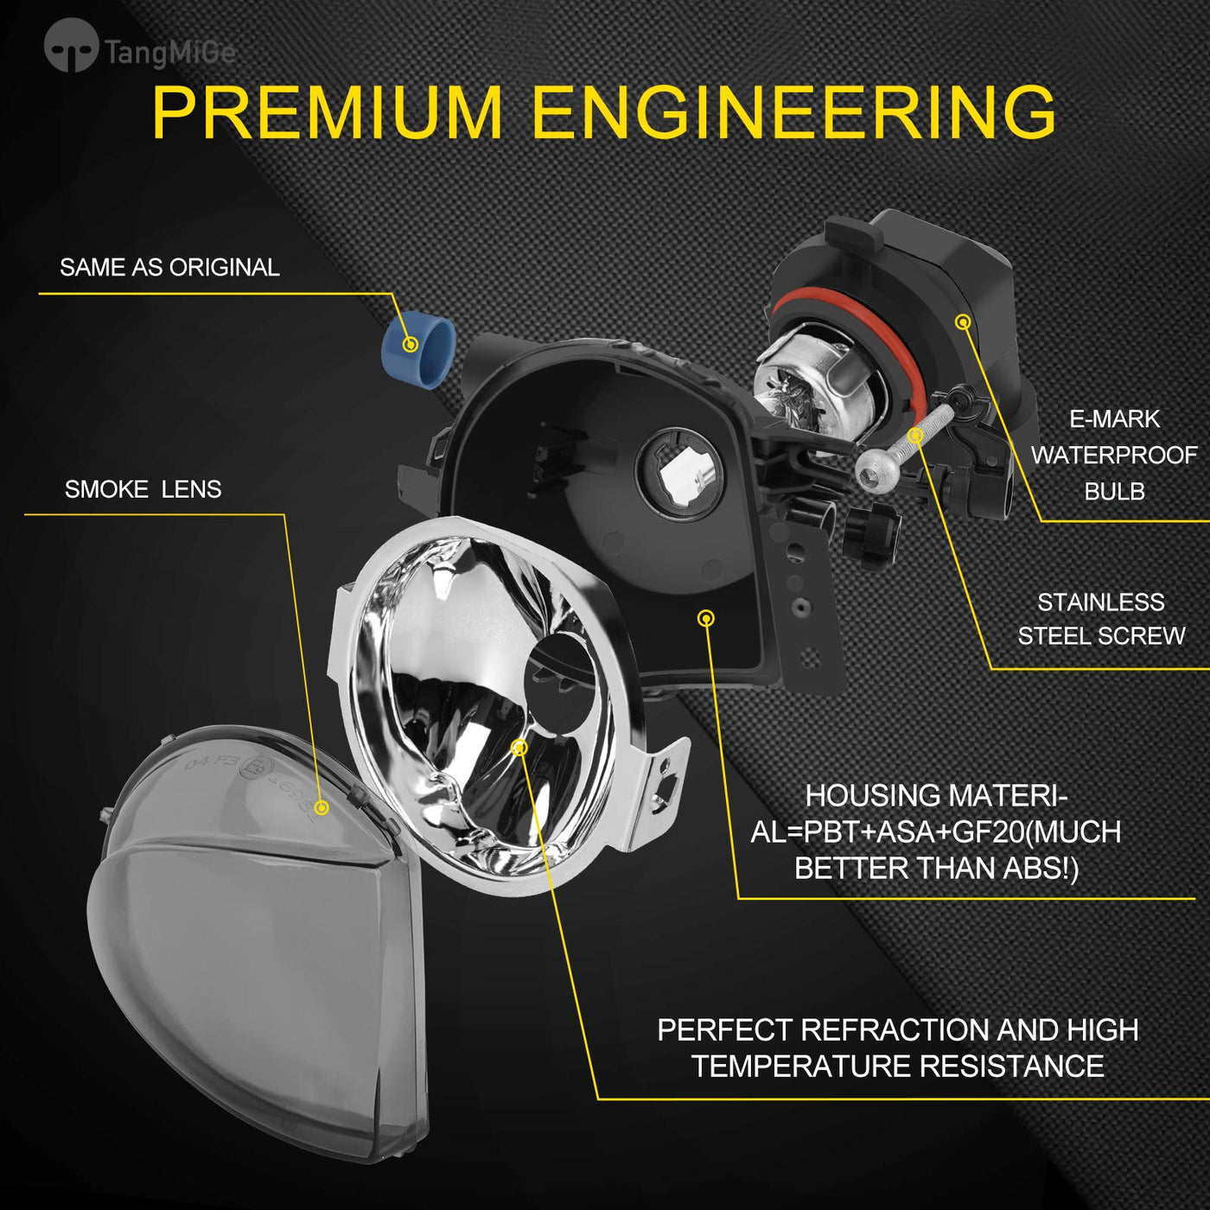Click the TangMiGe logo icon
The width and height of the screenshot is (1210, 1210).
pyautogui.click(x=71, y=45)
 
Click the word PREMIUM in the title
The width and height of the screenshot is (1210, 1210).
pyautogui.click(x=328, y=113)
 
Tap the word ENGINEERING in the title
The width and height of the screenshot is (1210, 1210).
pyautogui.click(x=794, y=113)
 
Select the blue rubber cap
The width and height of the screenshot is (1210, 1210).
pyautogui.click(x=418, y=350)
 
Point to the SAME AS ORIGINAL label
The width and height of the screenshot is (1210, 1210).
pyautogui.click(x=169, y=267)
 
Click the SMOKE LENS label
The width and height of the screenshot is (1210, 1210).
pyautogui.click(x=143, y=489)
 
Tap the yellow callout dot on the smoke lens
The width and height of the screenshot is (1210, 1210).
pyautogui.click(x=322, y=807)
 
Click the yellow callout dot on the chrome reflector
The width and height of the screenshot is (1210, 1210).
pyautogui.click(x=519, y=748)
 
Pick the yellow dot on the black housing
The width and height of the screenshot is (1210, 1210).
pyautogui.click(x=706, y=619)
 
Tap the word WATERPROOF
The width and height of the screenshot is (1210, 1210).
pyautogui.click(x=1115, y=455)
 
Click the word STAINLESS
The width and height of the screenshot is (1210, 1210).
pyautogui.click(x=1101, y=602)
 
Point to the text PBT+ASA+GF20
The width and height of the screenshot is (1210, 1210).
pyautogui.click(x=914, y=832)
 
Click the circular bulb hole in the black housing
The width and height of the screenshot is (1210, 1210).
pyautogui.click(x=679, y=474)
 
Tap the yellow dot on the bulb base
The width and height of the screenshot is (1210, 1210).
pyautogui.click(x=963, y=322)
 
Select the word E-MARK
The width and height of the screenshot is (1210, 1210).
pyautogui.click(x=1115, y=419)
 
